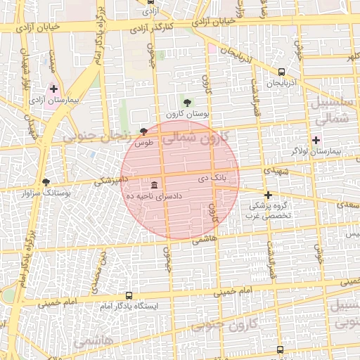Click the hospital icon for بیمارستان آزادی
click(x=53, y=89)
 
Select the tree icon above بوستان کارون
click(x=186, y=103)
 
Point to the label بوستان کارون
click(x=184, y=114)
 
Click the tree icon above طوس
click(x=144, y=131)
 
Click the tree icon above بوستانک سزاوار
click(x=46, y=181)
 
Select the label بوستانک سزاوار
click(x=47, y=192)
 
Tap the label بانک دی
click(x=212, y=180)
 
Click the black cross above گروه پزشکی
click(x=267, y=195)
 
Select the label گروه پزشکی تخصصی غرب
click(x=267, y=212)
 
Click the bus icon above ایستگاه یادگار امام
click(x=129, y=296)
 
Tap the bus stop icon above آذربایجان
click(x=282, y=72)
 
